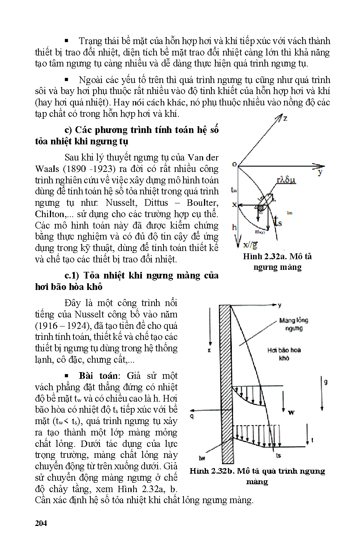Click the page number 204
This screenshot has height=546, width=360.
[41, 523]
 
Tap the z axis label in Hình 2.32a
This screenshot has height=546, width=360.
[285, 118]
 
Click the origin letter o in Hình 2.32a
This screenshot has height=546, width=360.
[234, 164]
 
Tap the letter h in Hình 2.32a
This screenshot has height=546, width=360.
[234, 227]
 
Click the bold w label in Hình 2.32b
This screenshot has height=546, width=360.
[291, 412]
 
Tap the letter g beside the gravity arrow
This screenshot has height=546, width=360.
[325, 382]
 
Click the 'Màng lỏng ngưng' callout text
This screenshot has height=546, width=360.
[294, 324]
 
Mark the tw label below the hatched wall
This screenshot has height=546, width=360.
[202, 458]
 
